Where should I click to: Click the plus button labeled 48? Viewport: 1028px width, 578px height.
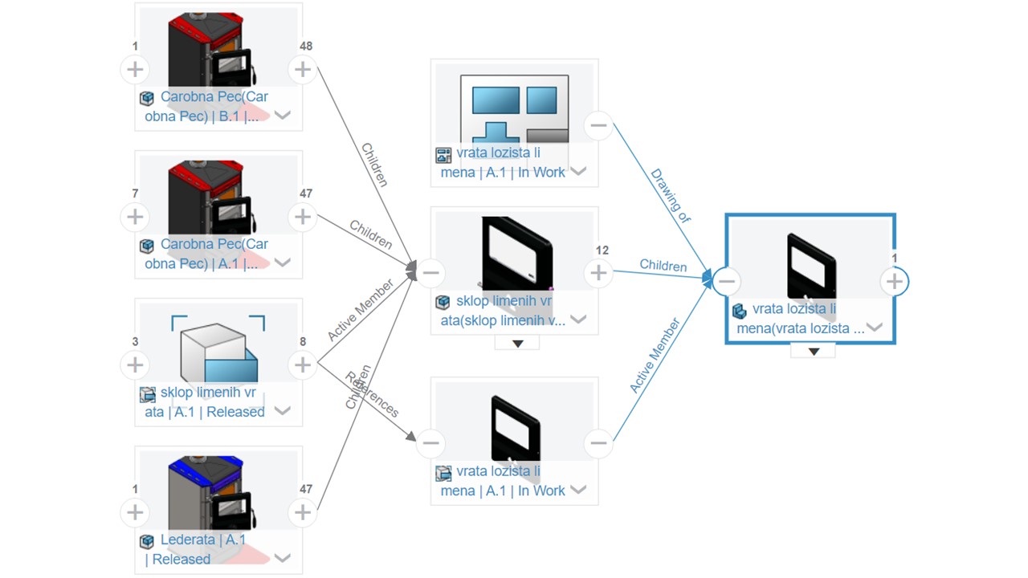click(x=302, y=70)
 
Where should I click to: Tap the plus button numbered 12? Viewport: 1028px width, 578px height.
click(x=598, y=274)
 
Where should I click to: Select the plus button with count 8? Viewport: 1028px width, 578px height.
click(x=302, y=365)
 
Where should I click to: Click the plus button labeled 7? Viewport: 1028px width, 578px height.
click(x=135, y=217)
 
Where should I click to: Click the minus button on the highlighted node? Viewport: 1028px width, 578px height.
click(x=727, y=281)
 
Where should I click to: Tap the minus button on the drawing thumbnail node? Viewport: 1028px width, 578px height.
click(x=598, y=125)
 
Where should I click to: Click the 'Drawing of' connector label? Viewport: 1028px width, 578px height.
click(x=670, y=195)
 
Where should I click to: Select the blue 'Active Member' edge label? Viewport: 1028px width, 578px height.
click(x=655, y=356)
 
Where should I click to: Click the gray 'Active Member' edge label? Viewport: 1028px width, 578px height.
click(x=361, y=311)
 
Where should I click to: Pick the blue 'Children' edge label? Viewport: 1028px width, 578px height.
click(x=663, y=266)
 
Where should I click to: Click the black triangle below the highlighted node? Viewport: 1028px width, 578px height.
click(x=813, y=351)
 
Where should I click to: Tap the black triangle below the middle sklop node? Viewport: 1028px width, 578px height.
click(x=517, y=344)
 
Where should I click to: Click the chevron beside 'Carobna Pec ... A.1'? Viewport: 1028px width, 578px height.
click(x=282, y=263)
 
